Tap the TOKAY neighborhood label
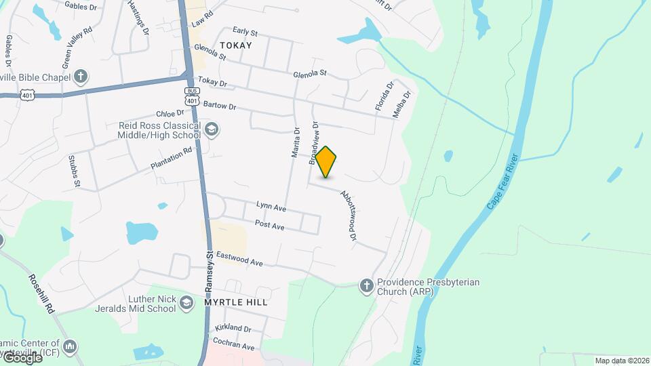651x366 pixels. (x=236, y=45)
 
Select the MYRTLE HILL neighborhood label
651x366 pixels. (x=236, y=302)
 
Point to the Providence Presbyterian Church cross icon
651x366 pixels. (x=367, y=286)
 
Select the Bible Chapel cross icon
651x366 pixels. (x=81, y=75)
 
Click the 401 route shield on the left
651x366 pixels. (x=26, y=96)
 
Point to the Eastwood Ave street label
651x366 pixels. (x=239, y=258)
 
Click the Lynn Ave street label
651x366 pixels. (x=271, y=205)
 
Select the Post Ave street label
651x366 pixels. (x=269, y=224)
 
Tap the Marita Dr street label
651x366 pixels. (x=296, y=143)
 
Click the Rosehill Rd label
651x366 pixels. (x=41, y=292)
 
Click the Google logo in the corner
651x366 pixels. (x=22, y=357)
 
